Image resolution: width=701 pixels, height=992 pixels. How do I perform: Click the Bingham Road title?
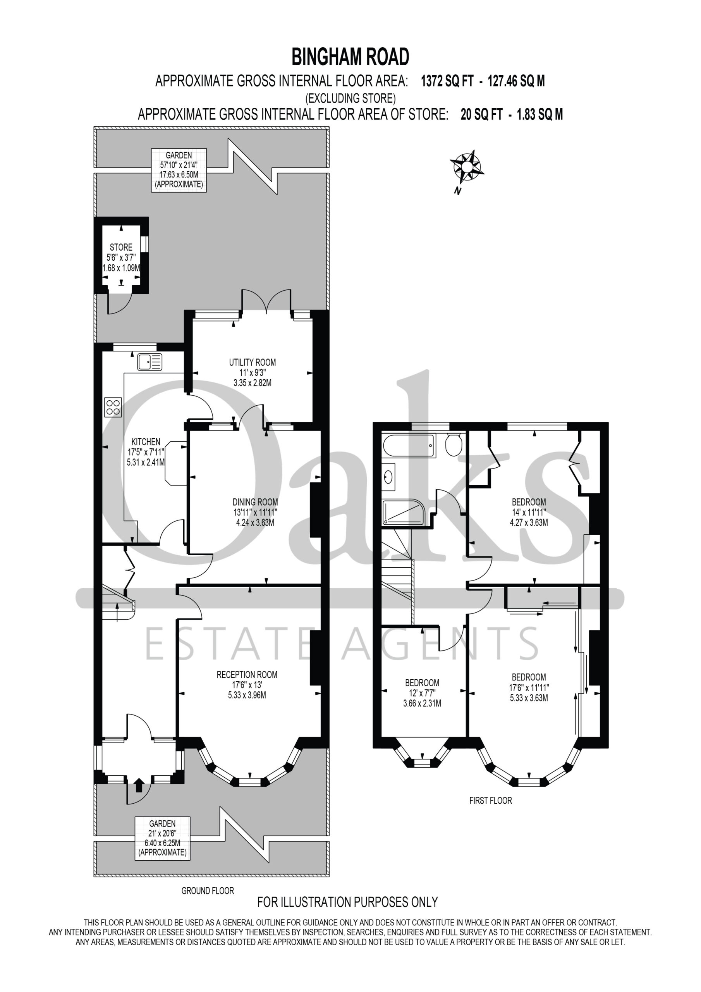tap(350, 57)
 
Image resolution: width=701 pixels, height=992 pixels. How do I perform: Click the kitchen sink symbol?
tap(150, 362)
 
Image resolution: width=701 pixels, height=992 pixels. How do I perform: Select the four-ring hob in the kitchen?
tap(113, 407)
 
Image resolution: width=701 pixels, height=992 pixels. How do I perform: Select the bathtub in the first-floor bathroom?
tap(408, 446)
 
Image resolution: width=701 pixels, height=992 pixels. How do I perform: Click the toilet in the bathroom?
tap(454, 444)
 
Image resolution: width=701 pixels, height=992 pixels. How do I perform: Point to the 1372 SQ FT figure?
tap(447, 81)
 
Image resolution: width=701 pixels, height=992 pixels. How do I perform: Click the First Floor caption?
tap(491, 801)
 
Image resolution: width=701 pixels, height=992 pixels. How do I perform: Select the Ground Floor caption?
tap(208, 890)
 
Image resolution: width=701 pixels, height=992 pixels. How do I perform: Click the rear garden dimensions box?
tap(179, 170)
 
